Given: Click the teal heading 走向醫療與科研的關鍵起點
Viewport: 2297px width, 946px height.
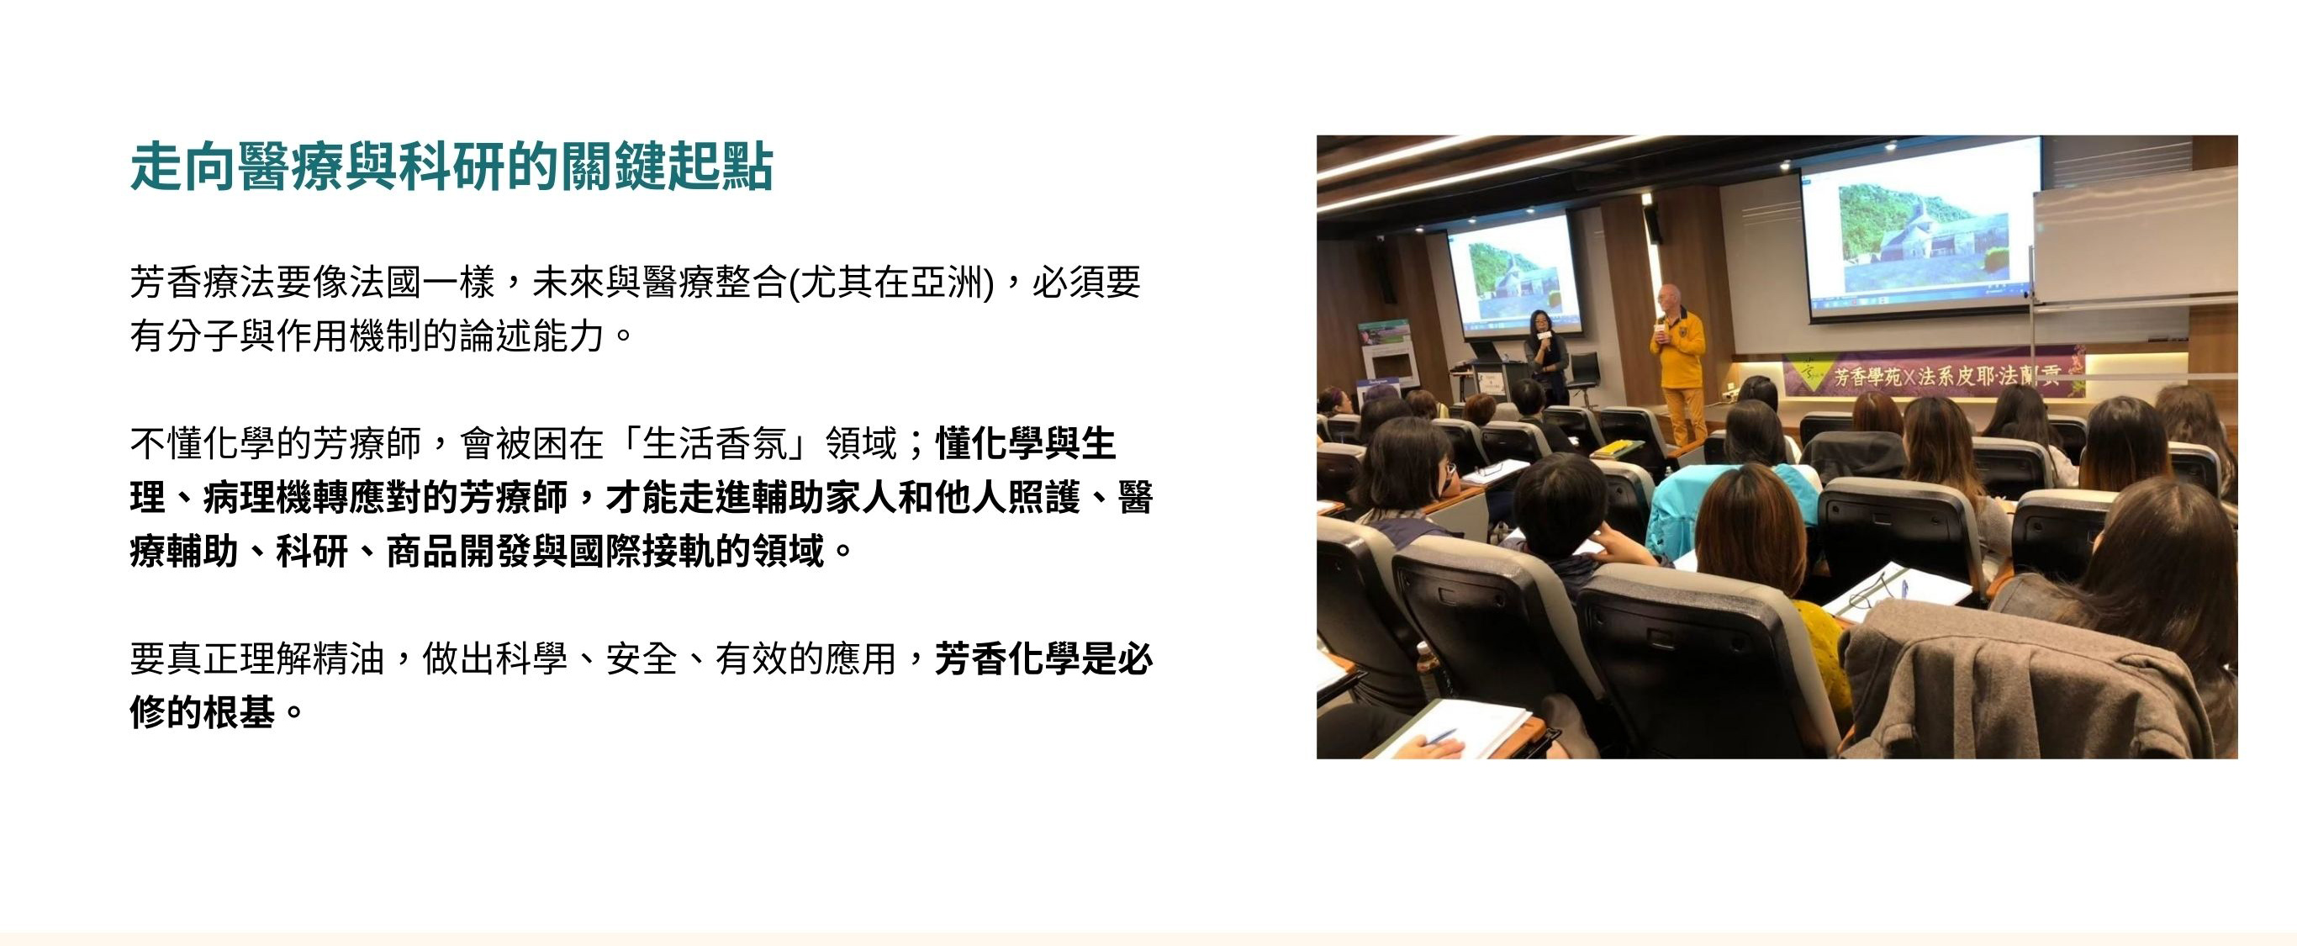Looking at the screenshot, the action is [x=451, y=166].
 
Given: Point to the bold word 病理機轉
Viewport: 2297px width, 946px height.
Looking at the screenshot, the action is [x=276, y=498].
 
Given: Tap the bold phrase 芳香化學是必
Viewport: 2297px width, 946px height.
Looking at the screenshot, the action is [x=1044, y=660].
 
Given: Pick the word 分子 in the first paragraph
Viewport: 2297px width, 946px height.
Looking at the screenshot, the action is [x=203, y=337].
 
